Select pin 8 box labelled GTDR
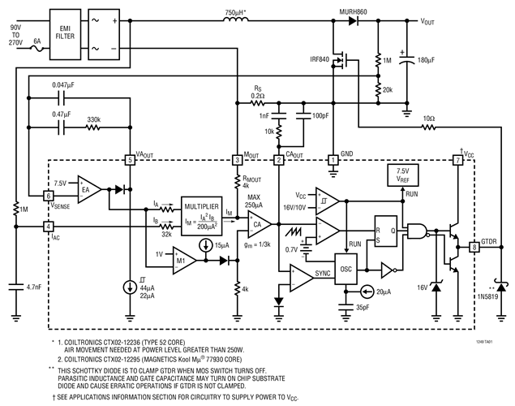(474, 248)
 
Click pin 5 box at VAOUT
(130, 159)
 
